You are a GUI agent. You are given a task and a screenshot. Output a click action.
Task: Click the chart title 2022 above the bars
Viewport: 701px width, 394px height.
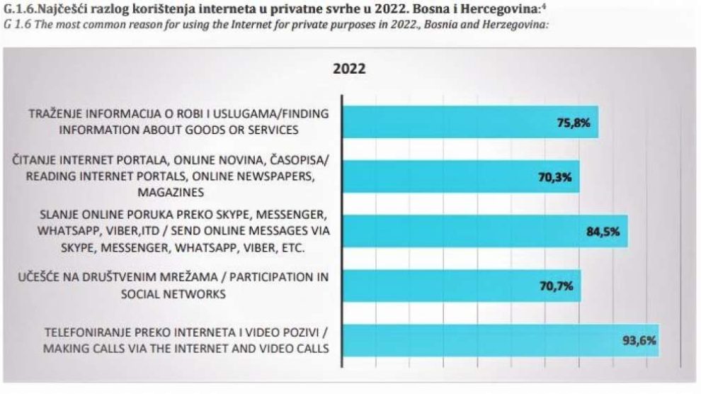[x=349, y=69]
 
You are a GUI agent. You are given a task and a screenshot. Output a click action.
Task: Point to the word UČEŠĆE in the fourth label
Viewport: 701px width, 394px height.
[x=38, y=278]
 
